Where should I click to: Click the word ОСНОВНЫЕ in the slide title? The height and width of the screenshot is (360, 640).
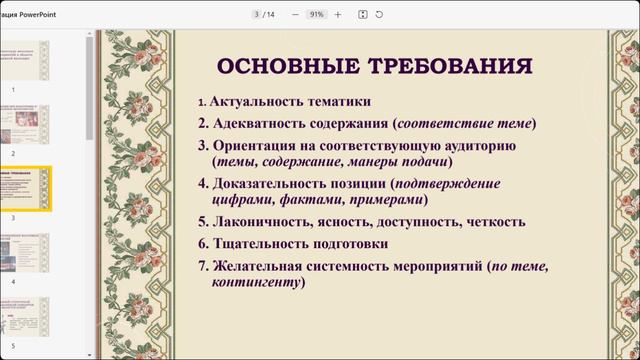point(278,67)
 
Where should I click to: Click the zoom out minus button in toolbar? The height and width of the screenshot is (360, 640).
point(295,14)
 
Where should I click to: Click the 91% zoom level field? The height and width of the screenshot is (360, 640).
point(316,14)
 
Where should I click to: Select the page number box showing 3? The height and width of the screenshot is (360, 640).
point(257,14)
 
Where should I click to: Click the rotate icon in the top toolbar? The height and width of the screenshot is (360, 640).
point(379,14)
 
